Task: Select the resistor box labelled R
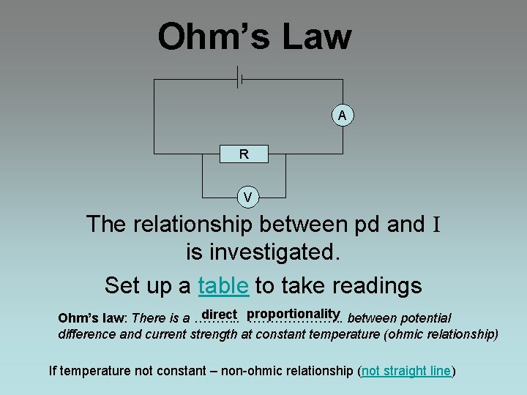243,154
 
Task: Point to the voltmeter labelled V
248,197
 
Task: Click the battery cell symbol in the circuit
239,76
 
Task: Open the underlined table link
223,285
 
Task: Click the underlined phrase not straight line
407,371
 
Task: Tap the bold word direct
220,315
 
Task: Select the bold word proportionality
294,315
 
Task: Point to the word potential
425,319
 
